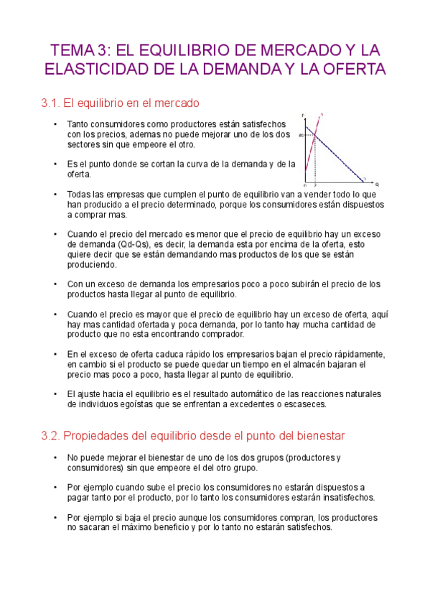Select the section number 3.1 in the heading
tap(51, 103)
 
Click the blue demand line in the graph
tap(337, 155)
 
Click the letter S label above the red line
tap(322, 113)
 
